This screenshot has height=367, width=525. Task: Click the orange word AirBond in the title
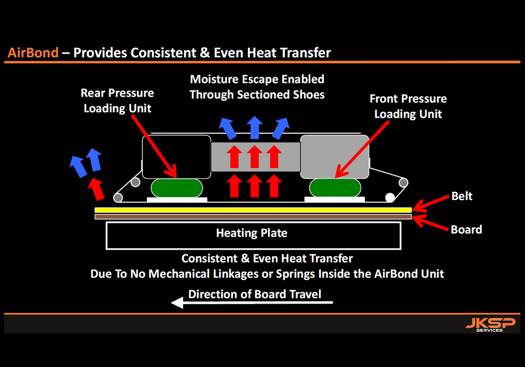pyautogui.click(x=33, y=53)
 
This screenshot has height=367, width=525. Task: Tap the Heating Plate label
pyautogui.click(x=252, y=233)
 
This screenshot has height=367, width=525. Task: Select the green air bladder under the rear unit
pyautogui.click(x=177, y=188)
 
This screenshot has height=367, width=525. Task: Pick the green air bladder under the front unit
pyautogui.click(x=335, y=188)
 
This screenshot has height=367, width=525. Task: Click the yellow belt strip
pyautogui.click(x=253, y=210)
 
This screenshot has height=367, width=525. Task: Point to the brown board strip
pyautogui.click(x=253, y=217)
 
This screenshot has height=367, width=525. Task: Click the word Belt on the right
pyautogui.click(x=461, y=196)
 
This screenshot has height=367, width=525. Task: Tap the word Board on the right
pyautogui.click(x=466, y=230)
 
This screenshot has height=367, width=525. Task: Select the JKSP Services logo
pyautogui.click(x=490, y=325)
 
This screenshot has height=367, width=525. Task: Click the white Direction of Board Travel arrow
pyautogui.click(x=252, y=303)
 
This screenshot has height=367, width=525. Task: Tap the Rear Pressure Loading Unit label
pyautogui.click(x=118, y=101)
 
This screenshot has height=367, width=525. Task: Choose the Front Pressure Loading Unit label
pyautogui.click(x=408, y=106)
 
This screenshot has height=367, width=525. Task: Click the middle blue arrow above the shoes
pyautogui.click(x=255, y=127)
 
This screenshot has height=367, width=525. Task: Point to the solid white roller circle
pyautogui.click(x=390, y=198)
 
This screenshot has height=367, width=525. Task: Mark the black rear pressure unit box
pyautogui.click(x=176, y=157)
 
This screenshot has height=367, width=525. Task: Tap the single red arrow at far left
pyautogui.click(x=96, y=189)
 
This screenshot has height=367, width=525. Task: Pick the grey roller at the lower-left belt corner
pyautogui.click(x=118, y=198)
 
